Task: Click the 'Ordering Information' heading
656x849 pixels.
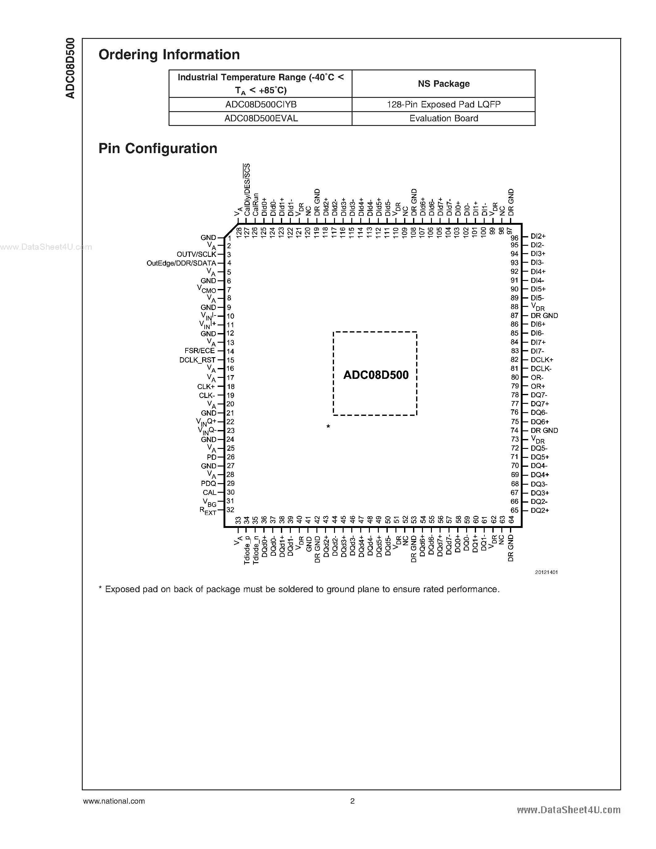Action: coord(169,55)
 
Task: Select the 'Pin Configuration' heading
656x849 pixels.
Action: coord(158,148)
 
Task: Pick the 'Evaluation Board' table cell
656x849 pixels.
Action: coord(443,119)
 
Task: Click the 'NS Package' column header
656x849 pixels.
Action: coord(443,84)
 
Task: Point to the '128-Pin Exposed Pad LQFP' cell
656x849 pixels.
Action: coord(443,105)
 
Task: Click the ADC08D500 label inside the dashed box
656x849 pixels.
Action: coord(376,375)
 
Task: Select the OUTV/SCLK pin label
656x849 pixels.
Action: coord(196,254)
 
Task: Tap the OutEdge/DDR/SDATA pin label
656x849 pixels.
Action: coord(181,263)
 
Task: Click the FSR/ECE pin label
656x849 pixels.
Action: coord(200,351)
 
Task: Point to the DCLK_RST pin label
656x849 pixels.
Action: coord(198,360)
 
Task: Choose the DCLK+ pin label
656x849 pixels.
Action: coord(542,360)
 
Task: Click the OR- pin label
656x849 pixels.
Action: coord(537,378)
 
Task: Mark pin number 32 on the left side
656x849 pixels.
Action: coord(231,510)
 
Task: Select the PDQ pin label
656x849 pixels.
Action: coord(208,483)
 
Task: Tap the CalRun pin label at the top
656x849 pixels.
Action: coord(255,205)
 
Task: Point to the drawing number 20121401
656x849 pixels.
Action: coord(546,572)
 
